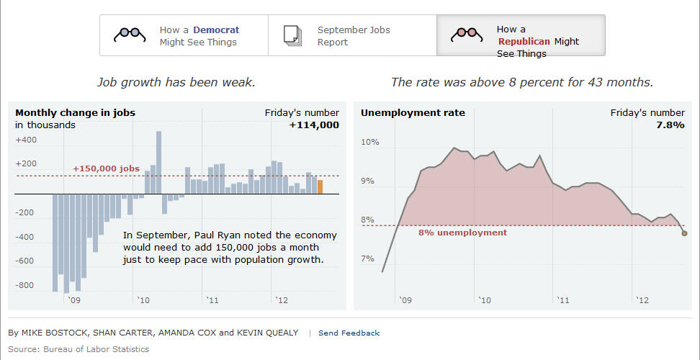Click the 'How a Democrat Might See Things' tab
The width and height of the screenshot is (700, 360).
tap(184, 35)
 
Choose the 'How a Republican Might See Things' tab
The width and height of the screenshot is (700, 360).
tap(521, 35)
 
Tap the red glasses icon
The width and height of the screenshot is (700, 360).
tap(466, 33)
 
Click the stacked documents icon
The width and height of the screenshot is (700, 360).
tap(292, 35)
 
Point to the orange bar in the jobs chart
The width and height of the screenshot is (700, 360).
tap(320, 186)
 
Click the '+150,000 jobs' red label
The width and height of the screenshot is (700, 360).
tap(106, 168)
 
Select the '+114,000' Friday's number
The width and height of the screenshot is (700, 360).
tap(314, 125)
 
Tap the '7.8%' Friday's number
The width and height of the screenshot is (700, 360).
tap(670, 125)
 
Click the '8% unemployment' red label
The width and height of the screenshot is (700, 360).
tap(462, 233)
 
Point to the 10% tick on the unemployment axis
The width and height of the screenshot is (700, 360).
tap(369, 142)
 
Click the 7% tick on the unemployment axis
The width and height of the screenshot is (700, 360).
tap(367, 258)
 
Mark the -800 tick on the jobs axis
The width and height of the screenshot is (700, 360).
tap(24, 285)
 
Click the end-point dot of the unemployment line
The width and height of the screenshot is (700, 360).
tap(684, 233)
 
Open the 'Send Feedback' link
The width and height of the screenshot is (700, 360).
tap(349, 333)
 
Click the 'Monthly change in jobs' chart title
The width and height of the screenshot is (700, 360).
tap(75, 112)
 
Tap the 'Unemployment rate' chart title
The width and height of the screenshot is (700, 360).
tap(413, 112)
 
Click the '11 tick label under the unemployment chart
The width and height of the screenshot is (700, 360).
tap(561, 300)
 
